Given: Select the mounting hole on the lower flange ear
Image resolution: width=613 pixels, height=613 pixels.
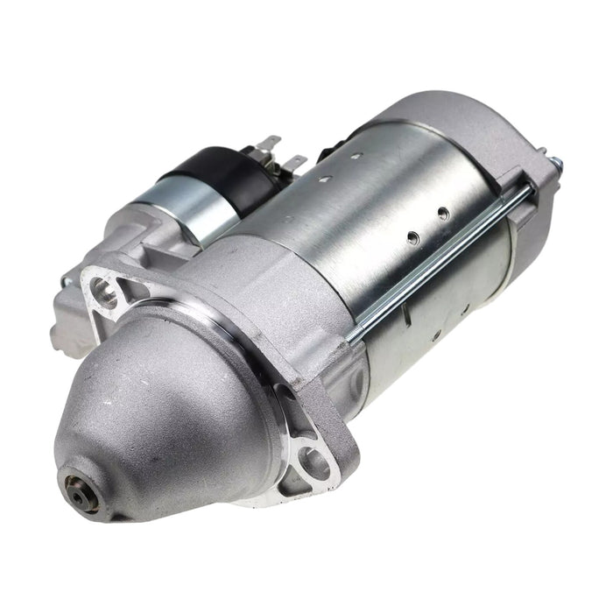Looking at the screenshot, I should coord(314,462).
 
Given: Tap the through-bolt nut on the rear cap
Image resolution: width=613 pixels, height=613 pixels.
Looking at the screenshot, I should coord(553,163).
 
